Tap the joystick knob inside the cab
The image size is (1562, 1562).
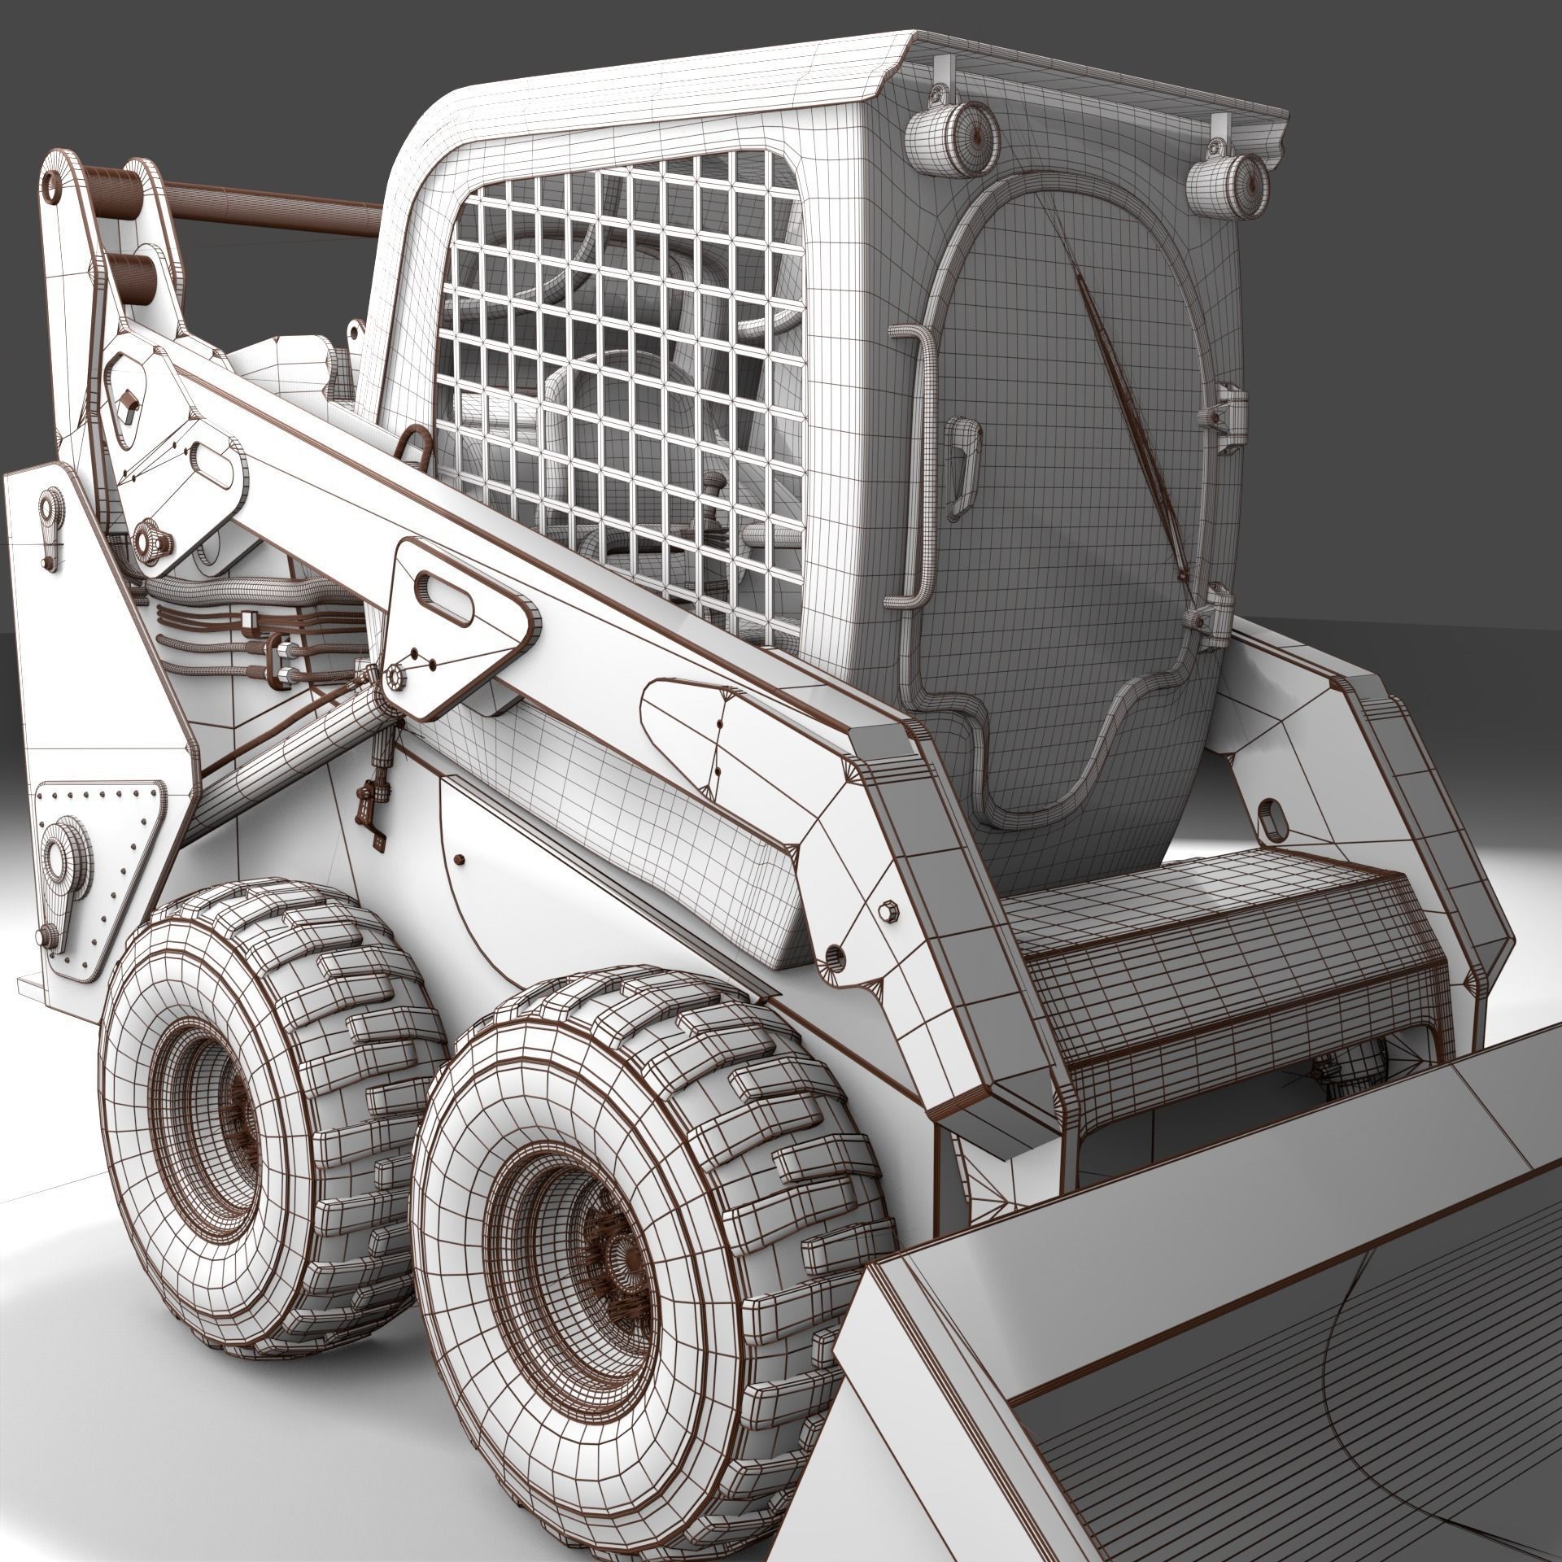(x=714, y=483)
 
